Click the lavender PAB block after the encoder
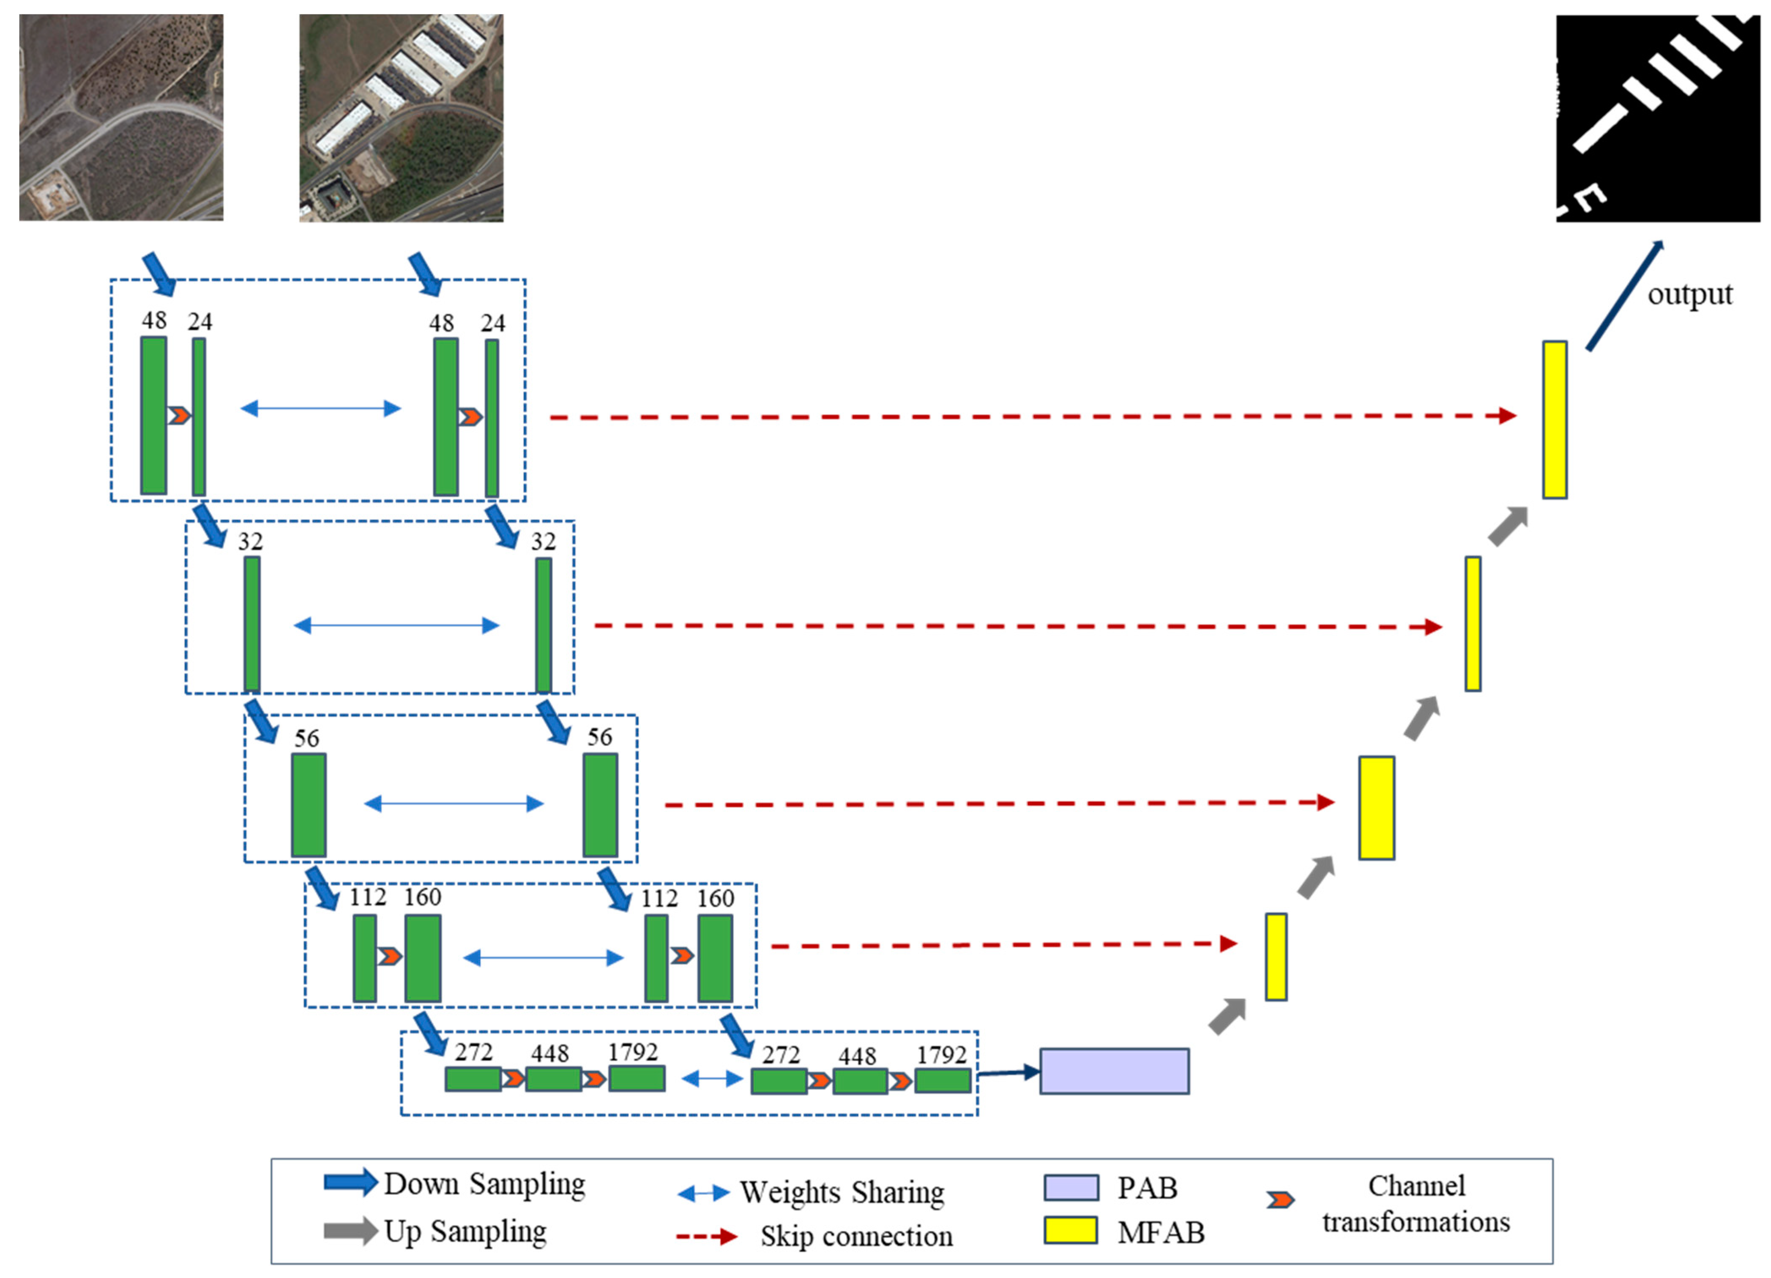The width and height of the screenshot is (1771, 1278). point(1114,1071)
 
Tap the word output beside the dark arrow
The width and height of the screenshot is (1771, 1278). point(1690,294)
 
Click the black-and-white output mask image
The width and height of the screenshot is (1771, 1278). point(1657,118)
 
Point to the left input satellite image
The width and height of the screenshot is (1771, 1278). point(121,117)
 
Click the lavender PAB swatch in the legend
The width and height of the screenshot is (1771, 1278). point(1071,1187)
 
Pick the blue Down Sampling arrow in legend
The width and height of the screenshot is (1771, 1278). point(350,1183)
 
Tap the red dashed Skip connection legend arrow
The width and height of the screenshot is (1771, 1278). point(707,1236)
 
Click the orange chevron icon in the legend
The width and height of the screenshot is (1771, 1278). point(1280,1199)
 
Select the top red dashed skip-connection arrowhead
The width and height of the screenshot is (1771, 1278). point(1507,416)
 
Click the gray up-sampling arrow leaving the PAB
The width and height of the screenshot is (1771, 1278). point(1227,1016)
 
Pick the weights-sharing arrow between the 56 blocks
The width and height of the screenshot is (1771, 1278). point(454,804)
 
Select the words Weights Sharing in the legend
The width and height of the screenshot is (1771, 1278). point(842,1192)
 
